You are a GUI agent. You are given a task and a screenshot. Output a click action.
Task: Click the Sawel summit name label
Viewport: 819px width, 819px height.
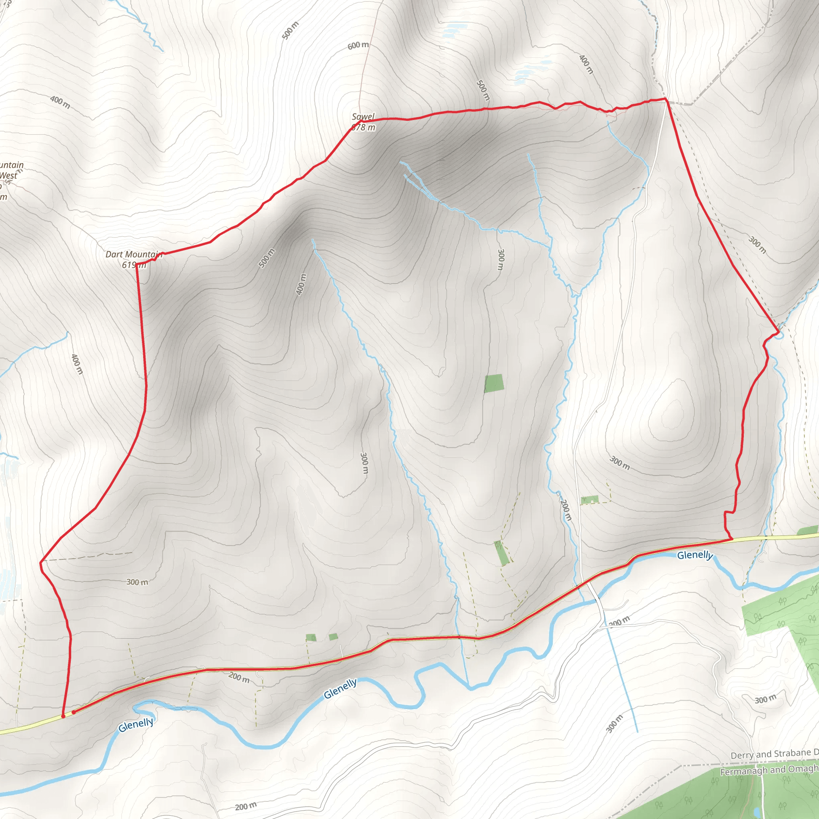[363, 117]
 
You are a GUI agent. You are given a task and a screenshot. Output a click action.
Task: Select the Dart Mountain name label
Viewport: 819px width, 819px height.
[134, 254]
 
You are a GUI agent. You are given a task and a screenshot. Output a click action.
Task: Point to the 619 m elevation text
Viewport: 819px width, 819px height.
[134, 265]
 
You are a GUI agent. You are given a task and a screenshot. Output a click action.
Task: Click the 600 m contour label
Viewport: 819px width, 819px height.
[358, 45]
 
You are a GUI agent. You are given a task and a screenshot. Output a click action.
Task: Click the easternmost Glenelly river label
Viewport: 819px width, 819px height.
[695, 555]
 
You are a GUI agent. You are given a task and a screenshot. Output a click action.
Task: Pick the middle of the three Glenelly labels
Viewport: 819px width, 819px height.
[340, 689]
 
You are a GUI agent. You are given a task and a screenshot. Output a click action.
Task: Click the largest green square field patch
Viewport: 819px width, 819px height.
[494, 383]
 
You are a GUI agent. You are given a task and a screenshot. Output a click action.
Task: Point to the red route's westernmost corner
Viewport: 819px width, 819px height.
[41, 563]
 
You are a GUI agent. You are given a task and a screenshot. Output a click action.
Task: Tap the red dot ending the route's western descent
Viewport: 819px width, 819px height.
[63, 716]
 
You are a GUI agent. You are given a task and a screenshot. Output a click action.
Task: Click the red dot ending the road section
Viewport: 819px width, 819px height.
[74, 712]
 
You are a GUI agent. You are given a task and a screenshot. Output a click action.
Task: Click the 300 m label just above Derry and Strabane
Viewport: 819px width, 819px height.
[765, 699]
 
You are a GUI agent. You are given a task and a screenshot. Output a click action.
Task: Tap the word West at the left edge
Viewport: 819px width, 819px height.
[8, 176]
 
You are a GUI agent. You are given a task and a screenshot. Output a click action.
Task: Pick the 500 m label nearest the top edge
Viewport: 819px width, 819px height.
[290, 30]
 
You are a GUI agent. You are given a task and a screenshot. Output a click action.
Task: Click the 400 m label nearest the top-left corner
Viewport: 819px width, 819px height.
[60, 102]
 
